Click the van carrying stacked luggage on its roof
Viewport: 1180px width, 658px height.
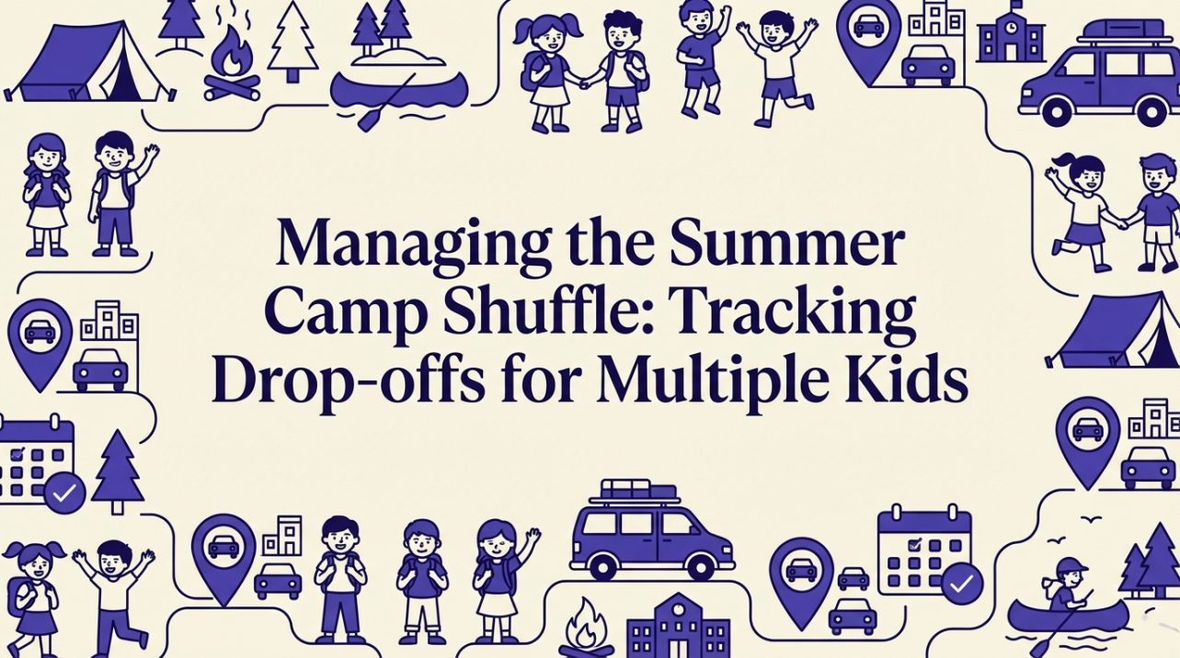pos(651,533)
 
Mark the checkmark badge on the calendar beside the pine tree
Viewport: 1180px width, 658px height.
pos(65,494)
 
